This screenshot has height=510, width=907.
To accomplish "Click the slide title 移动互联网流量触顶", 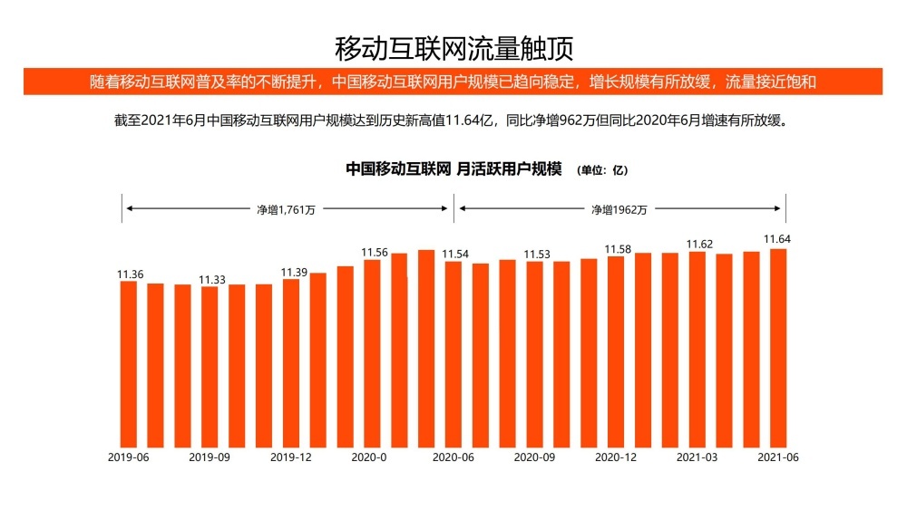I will click(x=453, y=46).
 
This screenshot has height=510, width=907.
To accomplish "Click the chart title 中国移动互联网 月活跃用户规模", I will click(x=454, y=169).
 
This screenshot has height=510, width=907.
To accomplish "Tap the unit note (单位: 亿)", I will click(x=602, y=170).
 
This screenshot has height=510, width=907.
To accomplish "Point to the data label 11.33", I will click(x=212, y=279).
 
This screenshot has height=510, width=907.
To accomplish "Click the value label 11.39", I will click(x=294, y=272).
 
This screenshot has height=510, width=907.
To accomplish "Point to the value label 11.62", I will click(x=698, y=245).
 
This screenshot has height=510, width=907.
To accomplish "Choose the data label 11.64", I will click(x=777, y=240).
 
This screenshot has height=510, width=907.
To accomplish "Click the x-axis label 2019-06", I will click(x=128, y=457).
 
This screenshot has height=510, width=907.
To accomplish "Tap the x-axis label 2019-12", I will click(x=291, y=457).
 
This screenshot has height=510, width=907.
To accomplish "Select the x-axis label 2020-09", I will click(x=534, y=457).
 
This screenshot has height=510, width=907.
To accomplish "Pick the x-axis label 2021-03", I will click(x=697, y=457).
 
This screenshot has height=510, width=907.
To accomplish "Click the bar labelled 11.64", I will click(x=777, y=349).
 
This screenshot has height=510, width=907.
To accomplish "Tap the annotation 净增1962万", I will click(x=619, y=209).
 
